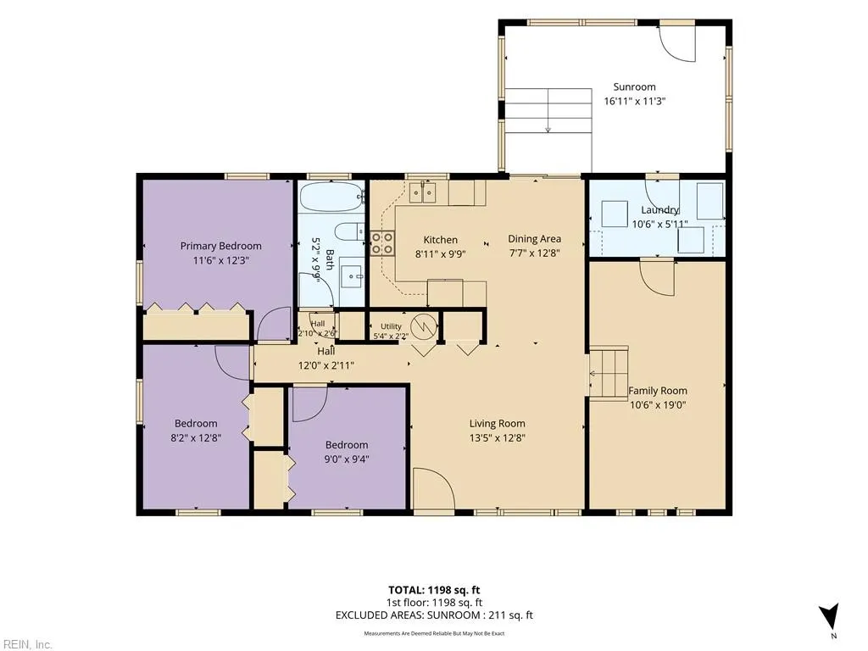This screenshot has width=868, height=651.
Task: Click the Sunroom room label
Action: (634, 87)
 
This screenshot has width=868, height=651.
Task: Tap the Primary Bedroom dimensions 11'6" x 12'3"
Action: (221, 260)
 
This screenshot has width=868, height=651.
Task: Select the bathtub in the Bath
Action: (331, 196)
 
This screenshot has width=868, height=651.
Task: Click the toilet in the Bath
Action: (350, 231)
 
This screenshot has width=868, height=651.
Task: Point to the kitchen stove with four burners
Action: (382, 243)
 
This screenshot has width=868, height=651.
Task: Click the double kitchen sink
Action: (422, 192)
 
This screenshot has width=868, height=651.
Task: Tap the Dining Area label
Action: (534, 238)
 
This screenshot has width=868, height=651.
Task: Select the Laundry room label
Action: (659, 210)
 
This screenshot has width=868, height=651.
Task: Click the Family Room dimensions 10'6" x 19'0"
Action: (658, 404)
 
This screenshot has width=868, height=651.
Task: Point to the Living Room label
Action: (497, 424)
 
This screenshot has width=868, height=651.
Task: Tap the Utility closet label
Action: (391, 326)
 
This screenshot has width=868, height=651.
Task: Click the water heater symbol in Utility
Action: (424, 326)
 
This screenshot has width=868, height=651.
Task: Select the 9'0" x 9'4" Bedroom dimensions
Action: (347, 459)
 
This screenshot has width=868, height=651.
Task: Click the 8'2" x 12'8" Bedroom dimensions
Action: (196, 438)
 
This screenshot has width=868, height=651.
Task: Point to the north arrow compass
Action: (829, 615)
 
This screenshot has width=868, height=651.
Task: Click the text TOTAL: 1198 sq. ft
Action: (430, 590)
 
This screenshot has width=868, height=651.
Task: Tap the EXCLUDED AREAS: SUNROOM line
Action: (434, 615)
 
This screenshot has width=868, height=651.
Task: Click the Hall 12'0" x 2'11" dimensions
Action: (326, 365)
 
